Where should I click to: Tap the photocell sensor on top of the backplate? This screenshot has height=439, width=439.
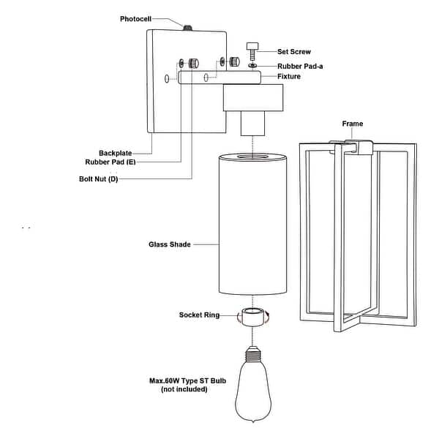coord(187,29)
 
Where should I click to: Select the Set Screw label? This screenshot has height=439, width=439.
coord(294,52)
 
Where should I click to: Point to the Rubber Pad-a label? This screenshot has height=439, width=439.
coord(301,64)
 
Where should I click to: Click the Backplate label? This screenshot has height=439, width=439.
coord(116,153)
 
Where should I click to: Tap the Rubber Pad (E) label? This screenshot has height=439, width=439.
coord(110,162)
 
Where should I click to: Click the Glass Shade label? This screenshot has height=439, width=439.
coord(170,244)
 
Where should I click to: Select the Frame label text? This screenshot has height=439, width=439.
coord(353,124)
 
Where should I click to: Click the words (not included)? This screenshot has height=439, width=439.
coord(184,390)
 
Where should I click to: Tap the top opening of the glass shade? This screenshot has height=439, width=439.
coord(252,156)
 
